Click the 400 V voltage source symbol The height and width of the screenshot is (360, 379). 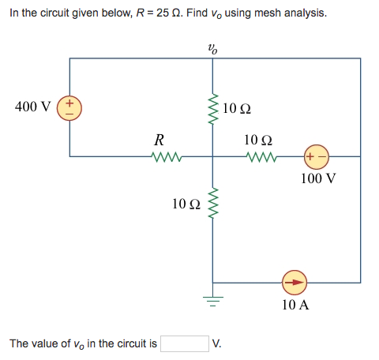click(70, 107)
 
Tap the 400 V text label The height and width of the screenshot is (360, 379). click(33, 107)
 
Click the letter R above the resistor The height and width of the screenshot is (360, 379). click(159, 141)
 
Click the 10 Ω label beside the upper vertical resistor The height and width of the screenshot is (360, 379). click(237, 108)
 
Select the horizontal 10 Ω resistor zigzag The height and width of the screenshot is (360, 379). click(258, 156)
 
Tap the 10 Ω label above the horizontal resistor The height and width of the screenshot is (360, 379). click(259, 141)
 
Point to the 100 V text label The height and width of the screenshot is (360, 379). click(319, 178)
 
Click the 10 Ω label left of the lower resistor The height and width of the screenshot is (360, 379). click(186, 204)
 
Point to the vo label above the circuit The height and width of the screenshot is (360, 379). click(212, 47)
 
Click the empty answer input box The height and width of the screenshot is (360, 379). click(184, 343)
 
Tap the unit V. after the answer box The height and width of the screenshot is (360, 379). click(217, 343)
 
